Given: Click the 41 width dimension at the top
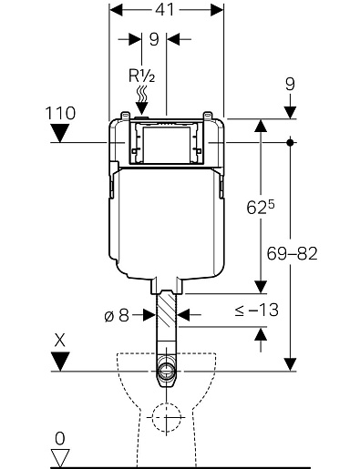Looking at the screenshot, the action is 165,10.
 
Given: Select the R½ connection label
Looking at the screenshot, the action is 142,76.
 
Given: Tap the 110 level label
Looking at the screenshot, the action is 60,113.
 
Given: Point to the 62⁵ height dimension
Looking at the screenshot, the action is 261,208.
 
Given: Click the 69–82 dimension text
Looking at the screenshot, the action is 292,253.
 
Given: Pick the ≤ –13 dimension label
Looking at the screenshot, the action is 257,311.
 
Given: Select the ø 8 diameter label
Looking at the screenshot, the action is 117,316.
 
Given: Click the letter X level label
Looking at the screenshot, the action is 60,341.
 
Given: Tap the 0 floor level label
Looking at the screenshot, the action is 60,439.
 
